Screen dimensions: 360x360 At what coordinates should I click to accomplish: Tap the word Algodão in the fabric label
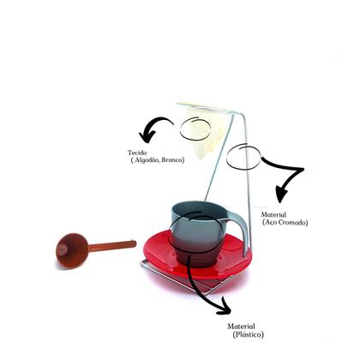tap(148, 160)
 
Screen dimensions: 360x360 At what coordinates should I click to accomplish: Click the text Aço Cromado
tap(286, 222)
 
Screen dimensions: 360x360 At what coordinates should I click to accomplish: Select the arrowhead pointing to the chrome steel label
tap(280, 189)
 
